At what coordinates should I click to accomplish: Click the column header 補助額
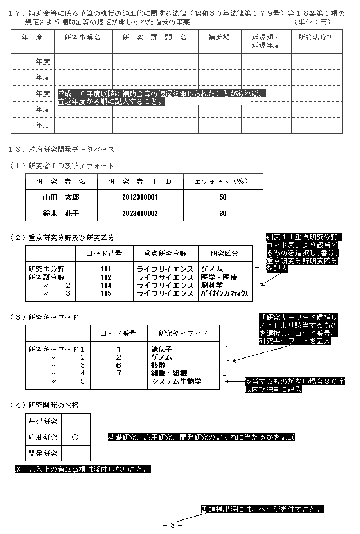[219, 38]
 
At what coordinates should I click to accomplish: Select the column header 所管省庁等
[316, 38]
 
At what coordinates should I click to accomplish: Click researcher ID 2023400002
[140, 214]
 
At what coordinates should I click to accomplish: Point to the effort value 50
[223, 197]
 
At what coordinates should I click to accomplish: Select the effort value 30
[223, 214]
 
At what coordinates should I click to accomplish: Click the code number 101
[106, 269]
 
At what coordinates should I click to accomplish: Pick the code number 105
[106, 293]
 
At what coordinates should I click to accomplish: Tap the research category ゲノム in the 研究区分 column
[213, 269]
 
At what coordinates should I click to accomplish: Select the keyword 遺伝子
[163, 349]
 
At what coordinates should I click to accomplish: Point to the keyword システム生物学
[176, 381]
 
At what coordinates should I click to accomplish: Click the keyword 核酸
[159, 365]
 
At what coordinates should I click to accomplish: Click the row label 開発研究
[43, 452]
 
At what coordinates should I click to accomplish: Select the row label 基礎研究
[43, 421]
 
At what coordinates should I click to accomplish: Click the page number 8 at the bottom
[172, 525]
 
